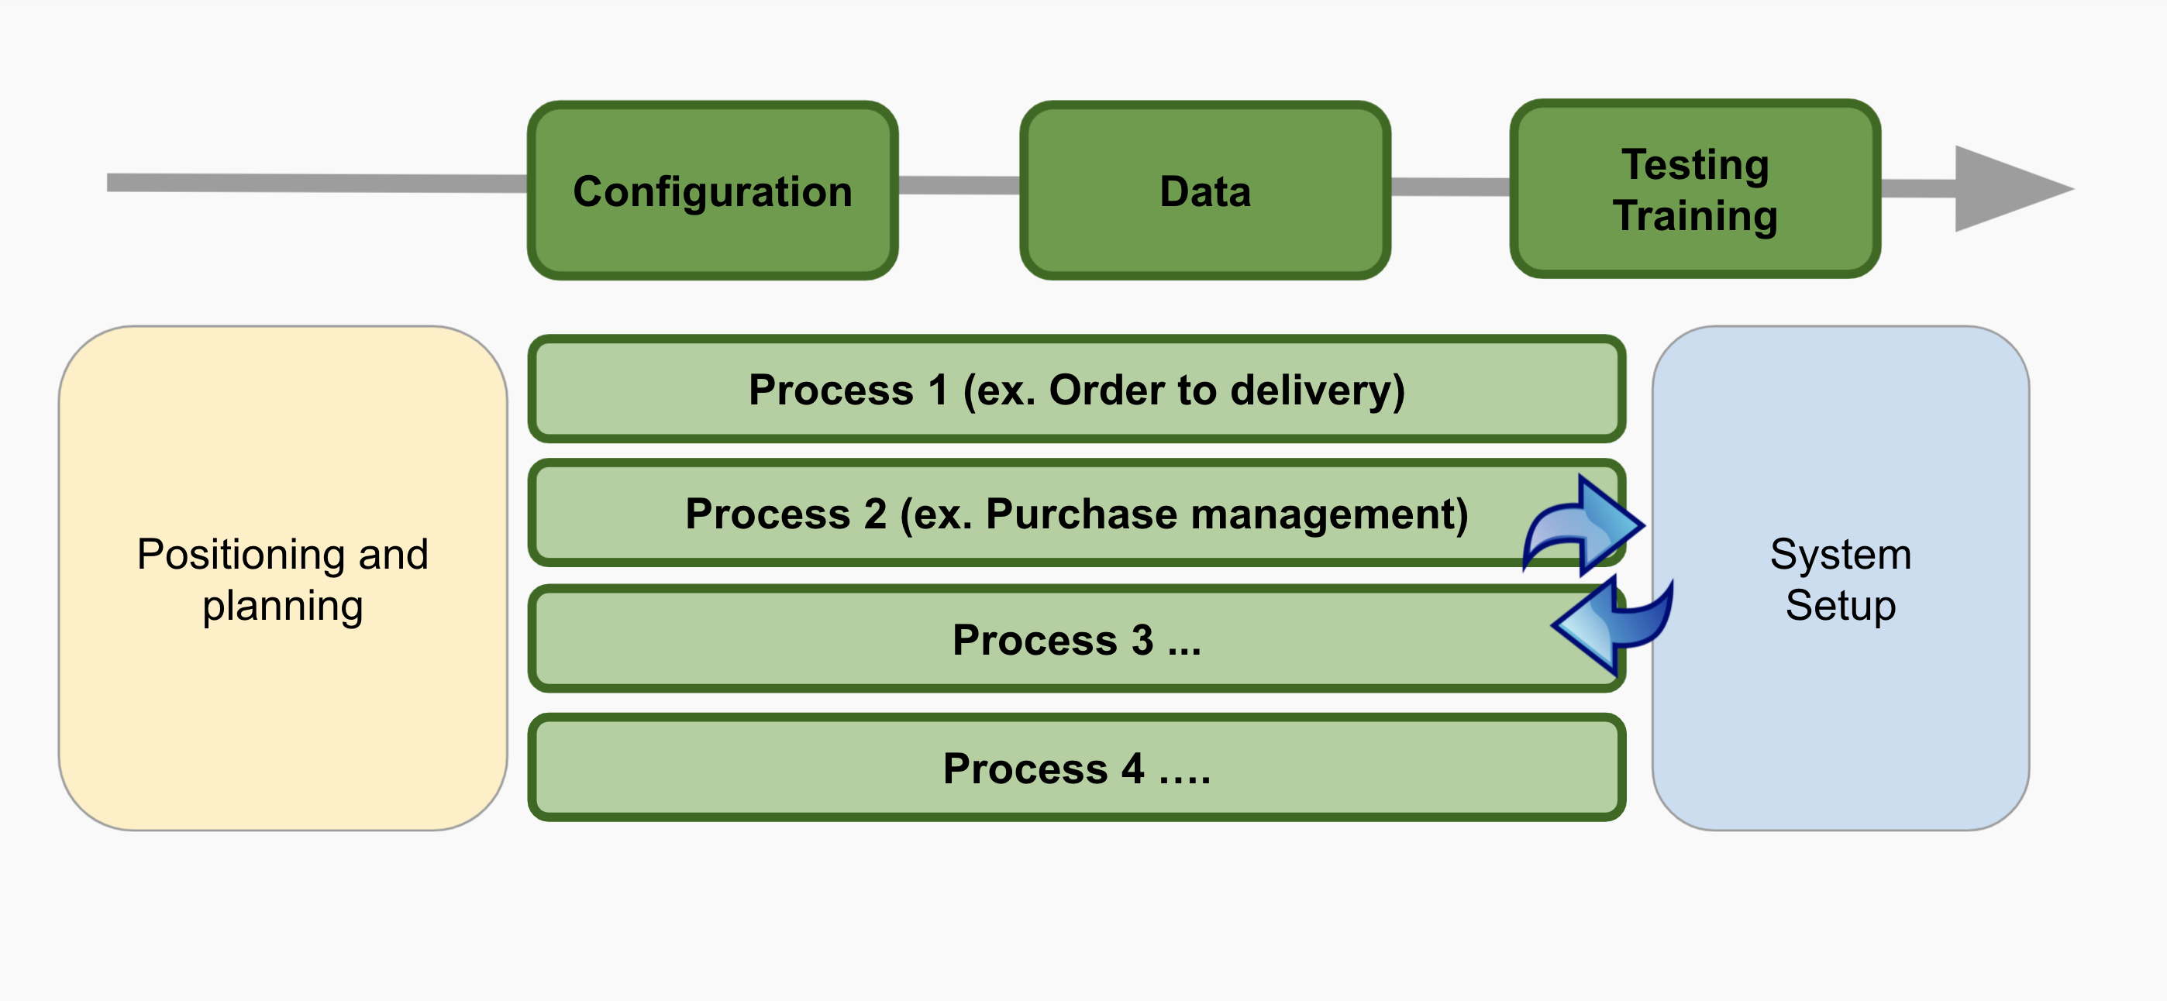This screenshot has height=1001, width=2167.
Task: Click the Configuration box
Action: point(712,191)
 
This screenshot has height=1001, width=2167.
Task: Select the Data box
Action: point(1204,191)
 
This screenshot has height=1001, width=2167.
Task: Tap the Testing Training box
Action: point(1695,189)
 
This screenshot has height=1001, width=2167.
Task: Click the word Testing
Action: point(1695,165)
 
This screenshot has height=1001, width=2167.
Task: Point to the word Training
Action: point(1695,216)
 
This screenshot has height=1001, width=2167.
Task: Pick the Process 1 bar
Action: point(1077,390)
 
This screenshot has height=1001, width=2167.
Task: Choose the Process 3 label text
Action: point(1077,640)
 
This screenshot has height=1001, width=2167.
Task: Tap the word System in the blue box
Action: point(1841,556)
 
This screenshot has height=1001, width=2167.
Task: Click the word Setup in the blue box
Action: point(1841,607)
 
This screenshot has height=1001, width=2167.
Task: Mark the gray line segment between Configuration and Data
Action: point(959,185)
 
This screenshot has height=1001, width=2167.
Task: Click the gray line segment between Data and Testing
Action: point(1450,187)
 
